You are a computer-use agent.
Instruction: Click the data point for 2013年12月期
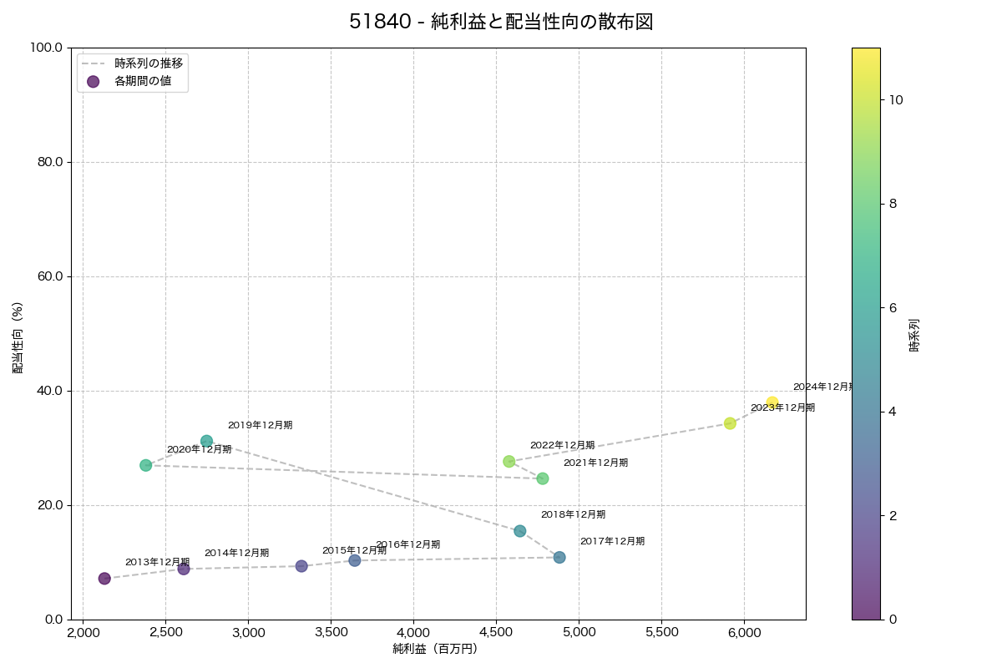tap(104, 579)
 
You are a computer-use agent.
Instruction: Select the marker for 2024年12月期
tap(772, 402)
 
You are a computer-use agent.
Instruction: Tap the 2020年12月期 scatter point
tap(146, 465)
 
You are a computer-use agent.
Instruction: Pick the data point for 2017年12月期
tap(559, 557)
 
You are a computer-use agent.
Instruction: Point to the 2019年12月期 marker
tap(206, 441)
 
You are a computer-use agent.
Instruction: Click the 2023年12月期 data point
tap(730, 423)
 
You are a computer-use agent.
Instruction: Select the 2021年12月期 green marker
tap(543, 478)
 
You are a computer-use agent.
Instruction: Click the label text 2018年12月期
tap(573, 514)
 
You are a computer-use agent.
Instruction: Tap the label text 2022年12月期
tap(562, 445)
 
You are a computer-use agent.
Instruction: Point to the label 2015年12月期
tap(354, 550)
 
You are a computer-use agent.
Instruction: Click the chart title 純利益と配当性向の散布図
tap(500, 22)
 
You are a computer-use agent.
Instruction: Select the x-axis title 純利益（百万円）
tap(435, 649)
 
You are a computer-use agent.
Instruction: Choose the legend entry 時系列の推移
tap(149, 63)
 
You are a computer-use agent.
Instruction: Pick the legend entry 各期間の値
tap(143, 81)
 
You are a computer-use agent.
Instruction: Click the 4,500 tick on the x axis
tap(496, 632)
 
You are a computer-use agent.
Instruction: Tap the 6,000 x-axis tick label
tap(744, 632)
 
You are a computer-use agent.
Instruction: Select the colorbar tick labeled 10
tap(896, 99)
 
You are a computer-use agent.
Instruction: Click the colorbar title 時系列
tap(913, 333)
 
